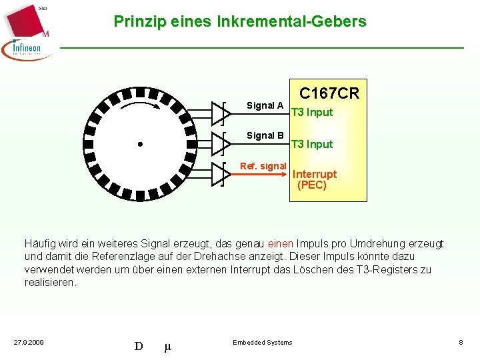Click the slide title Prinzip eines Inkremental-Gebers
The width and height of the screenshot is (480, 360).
pos(240,21)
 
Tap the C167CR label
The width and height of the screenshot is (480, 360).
pos(329,93)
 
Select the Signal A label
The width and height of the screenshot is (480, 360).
pos(265,105)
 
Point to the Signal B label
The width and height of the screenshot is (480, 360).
pos(265,135)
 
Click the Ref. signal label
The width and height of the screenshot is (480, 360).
pos(263,166)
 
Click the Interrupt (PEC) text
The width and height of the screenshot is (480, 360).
pos(314,179)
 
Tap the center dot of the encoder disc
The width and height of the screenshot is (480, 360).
pos(140,144)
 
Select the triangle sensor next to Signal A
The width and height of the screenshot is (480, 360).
pos(221,113)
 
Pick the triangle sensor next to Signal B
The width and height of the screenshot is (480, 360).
pos(221,142)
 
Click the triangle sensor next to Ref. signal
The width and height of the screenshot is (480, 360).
pos(221,173)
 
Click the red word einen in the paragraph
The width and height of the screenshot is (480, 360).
pos(280,244)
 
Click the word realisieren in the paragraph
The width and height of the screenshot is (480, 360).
pos(49,282)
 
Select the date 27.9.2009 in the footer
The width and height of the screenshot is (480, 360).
pos(29,343)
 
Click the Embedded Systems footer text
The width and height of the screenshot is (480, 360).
pos(262,343)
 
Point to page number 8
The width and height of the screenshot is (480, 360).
pos(461,343)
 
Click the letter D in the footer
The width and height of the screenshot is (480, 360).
pos(139,345)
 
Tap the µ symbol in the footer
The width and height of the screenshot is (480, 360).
pos(167,346)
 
